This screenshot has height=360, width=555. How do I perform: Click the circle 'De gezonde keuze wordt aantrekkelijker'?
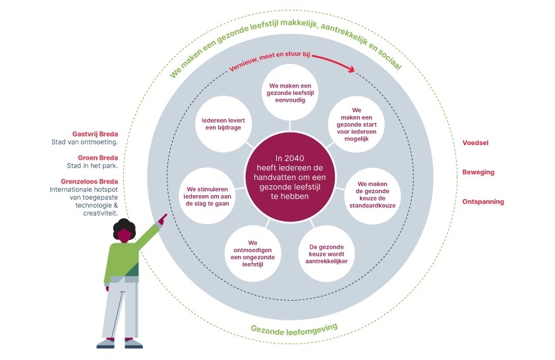332,253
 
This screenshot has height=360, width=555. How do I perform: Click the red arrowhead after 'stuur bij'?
351,69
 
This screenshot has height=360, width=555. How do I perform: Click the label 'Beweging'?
479,172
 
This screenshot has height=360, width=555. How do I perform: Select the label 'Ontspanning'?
483,202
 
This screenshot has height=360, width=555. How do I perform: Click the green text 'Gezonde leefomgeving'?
294,328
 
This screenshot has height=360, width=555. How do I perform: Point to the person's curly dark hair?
123,229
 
